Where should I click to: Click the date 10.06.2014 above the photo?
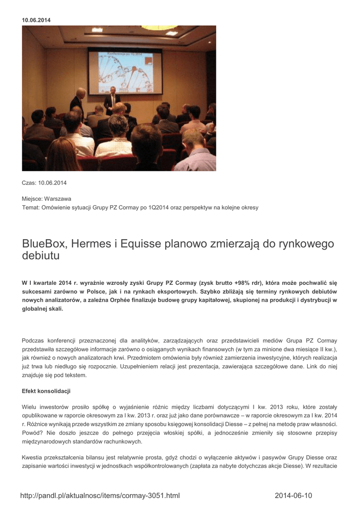pos(36,20)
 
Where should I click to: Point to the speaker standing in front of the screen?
pos(112,100)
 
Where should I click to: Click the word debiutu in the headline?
pos(41,256)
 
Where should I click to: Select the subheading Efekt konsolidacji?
pos(46,391)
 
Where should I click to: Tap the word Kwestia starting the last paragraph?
pos(34,457)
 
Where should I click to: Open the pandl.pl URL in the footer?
pos(99,496)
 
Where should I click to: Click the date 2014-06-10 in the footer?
pos(293,496)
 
